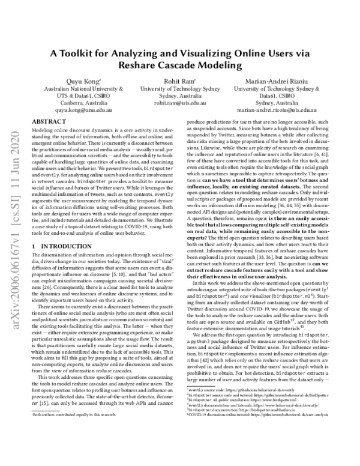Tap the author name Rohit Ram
click(x=181, y=82)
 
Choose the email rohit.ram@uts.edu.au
click(x=181, y=103)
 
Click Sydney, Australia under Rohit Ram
click(x=181, y=96)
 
